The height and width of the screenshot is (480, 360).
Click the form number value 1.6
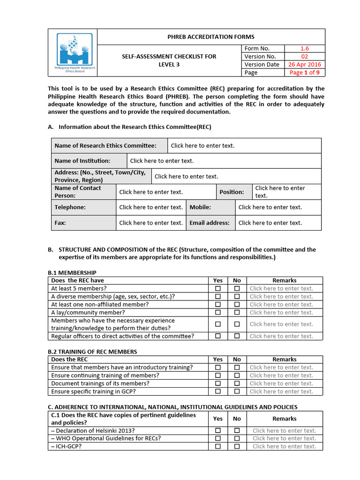(304, 48)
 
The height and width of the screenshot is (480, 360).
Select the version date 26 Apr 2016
(304, 65)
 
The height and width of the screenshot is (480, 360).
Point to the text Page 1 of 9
(304, 73)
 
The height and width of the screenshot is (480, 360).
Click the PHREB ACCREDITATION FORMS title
(211, 37)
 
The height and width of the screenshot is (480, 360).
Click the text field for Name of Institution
(162, 161)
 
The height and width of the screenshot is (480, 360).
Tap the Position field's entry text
(280, 192)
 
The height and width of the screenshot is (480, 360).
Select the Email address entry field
(270, 223)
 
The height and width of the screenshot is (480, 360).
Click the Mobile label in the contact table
(200, 207)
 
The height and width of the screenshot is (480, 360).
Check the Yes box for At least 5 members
(218, 289)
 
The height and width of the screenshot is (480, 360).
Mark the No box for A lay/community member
(237, 313)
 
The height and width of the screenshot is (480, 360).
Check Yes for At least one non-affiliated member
(218, 305)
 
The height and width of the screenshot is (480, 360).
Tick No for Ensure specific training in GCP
(237, 391)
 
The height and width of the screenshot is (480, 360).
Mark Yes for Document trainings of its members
(218, 383)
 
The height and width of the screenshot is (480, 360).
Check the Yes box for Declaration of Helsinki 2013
(218, 431)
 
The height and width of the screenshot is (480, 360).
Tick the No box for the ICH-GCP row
(237, 447)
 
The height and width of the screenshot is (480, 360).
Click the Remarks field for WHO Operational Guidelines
(284, 439)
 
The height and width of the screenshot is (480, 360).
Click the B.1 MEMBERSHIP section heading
(72, 273)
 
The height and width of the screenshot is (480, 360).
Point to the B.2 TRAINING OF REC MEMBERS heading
(92, 352)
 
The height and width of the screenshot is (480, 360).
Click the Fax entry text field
(150, 223)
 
